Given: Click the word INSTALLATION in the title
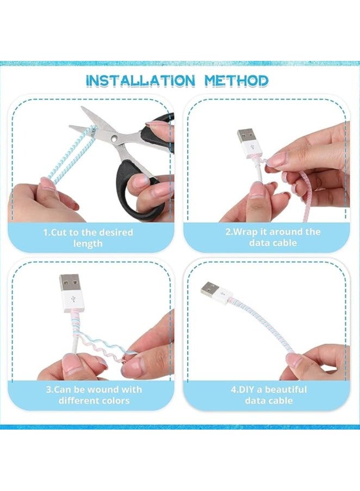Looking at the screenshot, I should pyautogui.click(x=140, y=80).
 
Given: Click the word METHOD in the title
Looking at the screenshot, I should pyautogui.click(x=237, y=80).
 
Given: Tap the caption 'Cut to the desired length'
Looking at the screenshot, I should pyautogui.click(x=88, y=238).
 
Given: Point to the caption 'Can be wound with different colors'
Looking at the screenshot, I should pyautogui.click(x=95, y=395).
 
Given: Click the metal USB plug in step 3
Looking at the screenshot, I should pyautogui.click(x=71, y=284).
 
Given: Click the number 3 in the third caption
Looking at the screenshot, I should pyautogui.click(x=47, y=390).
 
